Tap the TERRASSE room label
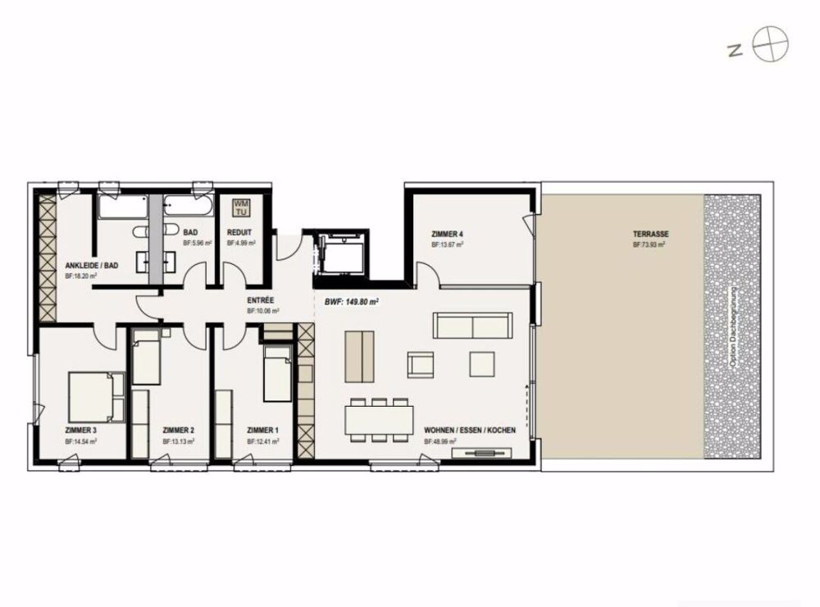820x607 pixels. tap(649, 234)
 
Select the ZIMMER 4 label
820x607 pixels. tap(447, 235)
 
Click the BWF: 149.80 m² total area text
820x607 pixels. tap(352, 301)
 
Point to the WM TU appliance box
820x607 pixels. tap(242, 207)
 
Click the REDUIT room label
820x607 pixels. tap(239, 233)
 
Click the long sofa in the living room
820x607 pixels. tap(474, 326)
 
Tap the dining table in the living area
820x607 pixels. tap(378, 419)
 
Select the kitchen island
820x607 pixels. tap(358, 356)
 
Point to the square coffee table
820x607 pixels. tap(482, 363)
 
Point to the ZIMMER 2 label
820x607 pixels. tap(179, 430)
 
